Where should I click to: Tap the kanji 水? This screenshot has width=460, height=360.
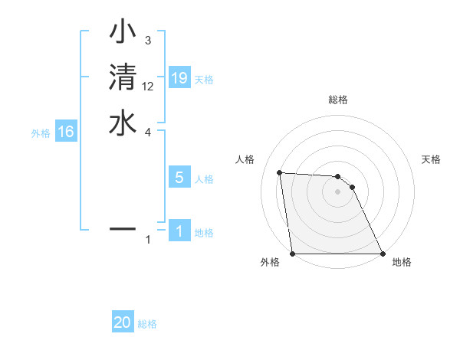coord(123,123)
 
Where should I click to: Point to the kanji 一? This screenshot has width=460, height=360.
coord(123,228)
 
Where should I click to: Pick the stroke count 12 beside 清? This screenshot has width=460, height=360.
coord(148,86)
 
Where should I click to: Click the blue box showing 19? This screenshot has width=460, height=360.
coord(179,77)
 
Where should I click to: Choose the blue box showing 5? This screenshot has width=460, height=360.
coord(179,178)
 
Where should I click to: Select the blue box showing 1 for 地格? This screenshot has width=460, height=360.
coord(179,231)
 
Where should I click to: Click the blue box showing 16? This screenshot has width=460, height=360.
coord(66,132)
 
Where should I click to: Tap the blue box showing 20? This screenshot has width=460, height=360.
coord(123,322)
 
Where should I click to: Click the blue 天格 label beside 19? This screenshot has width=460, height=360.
coord(204,79)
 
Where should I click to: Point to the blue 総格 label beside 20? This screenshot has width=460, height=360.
coord(147,324)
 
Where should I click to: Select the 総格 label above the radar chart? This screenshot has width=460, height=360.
coord(338,100)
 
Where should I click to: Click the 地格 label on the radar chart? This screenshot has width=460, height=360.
coord(402,262)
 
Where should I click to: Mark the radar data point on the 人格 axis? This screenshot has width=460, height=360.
coord(279,172)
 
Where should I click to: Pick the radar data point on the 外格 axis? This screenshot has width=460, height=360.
coord(293,254)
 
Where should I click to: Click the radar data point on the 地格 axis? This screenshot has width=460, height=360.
coord(383,254)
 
